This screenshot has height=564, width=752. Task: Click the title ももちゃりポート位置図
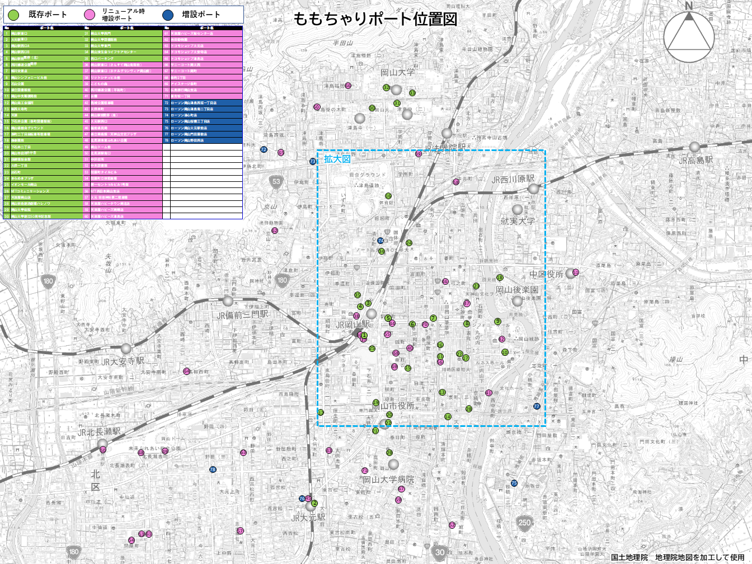click(375, 19)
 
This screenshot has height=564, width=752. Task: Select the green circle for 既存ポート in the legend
click(13, 15)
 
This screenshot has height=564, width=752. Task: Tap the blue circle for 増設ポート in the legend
click(167, 15)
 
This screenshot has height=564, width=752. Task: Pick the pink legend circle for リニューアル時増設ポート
click(90, 15)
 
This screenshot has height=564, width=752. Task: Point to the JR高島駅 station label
click(695, 161)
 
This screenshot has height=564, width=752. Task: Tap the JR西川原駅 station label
click(513, 180)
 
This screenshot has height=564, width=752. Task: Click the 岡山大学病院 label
click(388, 480)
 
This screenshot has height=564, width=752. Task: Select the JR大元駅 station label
click(308, 518)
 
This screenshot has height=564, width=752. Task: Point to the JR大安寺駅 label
click(123, 361)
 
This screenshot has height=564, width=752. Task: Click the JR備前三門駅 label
click(242, 315)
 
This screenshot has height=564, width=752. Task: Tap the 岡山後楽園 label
click(516, 290)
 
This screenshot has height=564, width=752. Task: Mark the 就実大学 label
click(517, 221)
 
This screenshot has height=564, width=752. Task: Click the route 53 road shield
click(276, 181)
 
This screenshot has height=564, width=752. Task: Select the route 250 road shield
click(524, 523)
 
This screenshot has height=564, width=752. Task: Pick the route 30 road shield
click(440, 552)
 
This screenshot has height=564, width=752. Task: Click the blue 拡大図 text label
click(337, 159)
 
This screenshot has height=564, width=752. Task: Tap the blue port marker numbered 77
click(537, 406)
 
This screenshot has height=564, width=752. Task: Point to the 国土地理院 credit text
click(629, 557)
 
